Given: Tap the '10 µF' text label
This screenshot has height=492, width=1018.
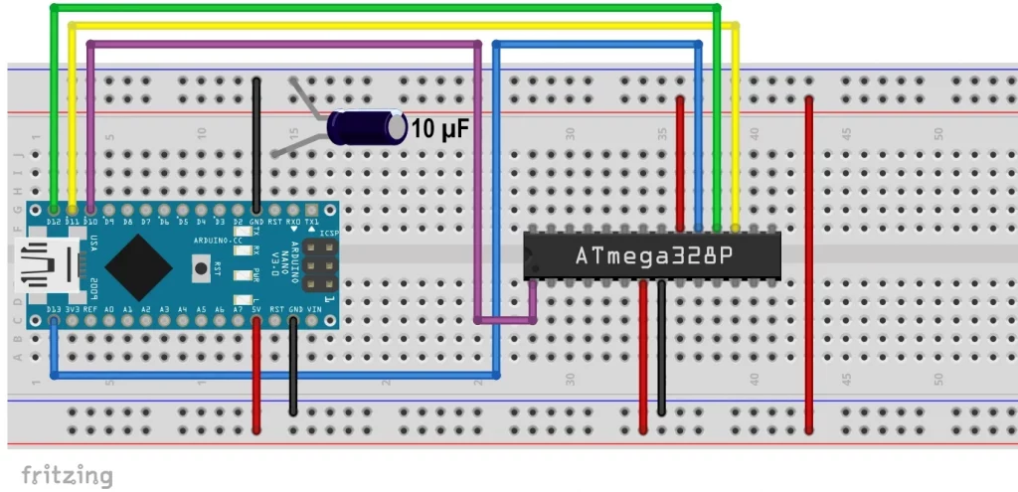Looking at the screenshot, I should click(x=439, y=129).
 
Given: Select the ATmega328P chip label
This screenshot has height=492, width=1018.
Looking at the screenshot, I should click(x=654, y=256).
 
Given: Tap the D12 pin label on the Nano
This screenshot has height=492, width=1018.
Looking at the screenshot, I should click(x=53, y=221).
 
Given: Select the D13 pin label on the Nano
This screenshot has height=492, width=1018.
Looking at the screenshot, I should click(x=53, y=309).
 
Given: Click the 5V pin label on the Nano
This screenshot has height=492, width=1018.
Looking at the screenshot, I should click(x=256, y=309).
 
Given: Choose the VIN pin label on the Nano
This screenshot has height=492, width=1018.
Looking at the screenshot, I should click(x=313, y=309).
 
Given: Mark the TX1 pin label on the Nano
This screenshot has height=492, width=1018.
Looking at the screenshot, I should click(x=312, y=221).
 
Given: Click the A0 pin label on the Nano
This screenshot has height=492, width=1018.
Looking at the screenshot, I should click(x=108, y=309).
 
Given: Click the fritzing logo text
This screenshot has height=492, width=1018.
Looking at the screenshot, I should click(x=67, y=475).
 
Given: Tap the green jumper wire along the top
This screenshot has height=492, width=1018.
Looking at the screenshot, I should click(x=398, y=8).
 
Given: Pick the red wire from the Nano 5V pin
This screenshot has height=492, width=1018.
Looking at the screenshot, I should click(x=256, y=378).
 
